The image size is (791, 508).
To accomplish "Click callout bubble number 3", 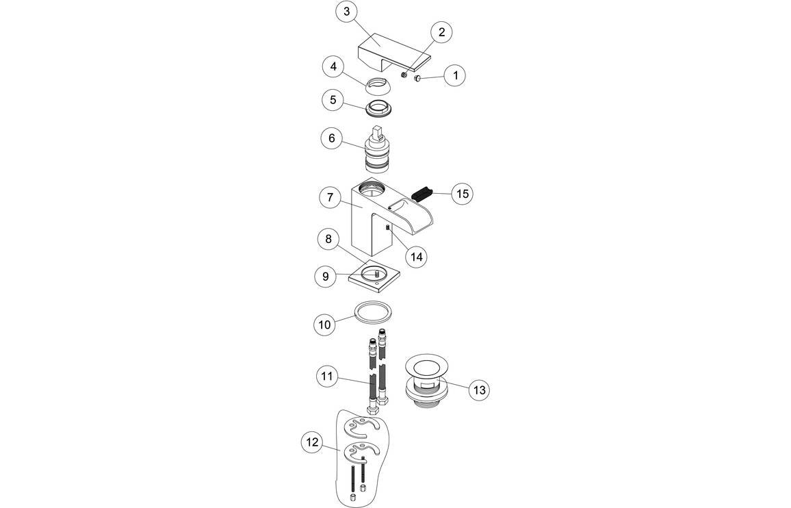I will pos(347,12).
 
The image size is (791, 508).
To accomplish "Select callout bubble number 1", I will pos(454,75).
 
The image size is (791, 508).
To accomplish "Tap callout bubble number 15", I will pos(463,194).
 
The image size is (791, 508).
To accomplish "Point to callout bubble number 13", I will pos(479,390).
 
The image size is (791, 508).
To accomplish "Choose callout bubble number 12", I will pos(311,442).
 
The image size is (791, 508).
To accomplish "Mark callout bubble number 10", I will pos(325,325).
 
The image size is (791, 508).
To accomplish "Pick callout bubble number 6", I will pos(332,138).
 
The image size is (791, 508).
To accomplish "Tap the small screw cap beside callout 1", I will pos(417,79).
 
